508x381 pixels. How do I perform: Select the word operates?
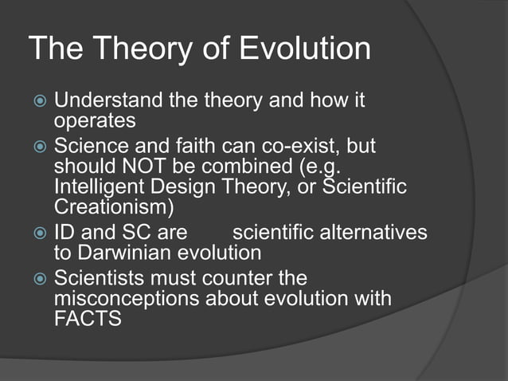[95, 121]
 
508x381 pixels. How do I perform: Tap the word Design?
[184, 187]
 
